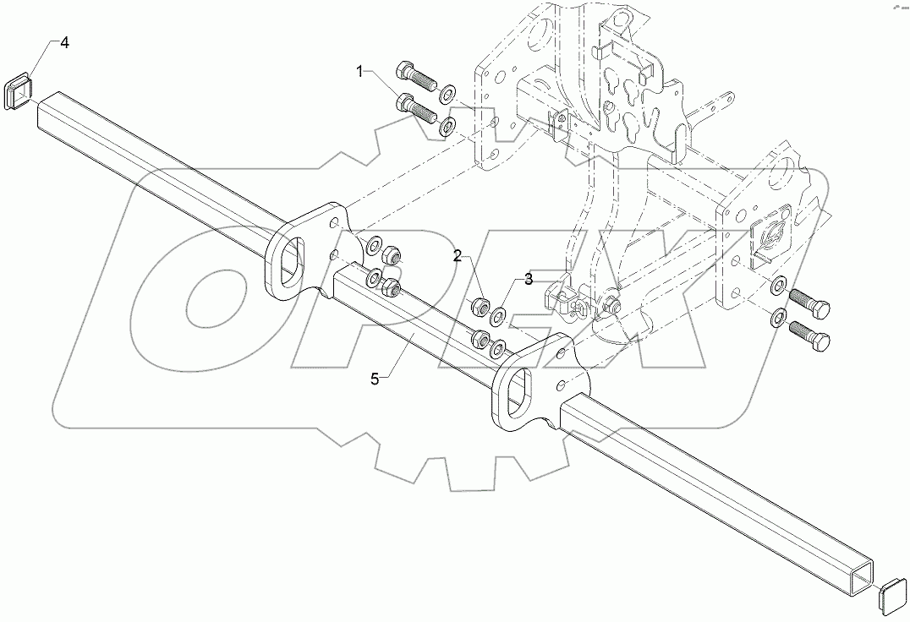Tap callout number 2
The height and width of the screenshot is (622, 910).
tap(457, 256)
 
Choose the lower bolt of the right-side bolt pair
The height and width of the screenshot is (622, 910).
tap(811, 335)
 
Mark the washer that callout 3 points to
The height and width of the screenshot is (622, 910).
tap(498, 316)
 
